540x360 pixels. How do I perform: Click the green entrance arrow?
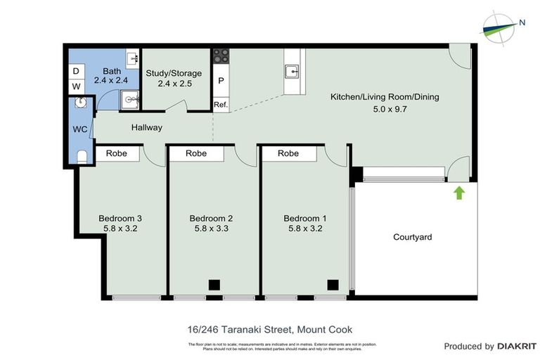[x=458, y=192]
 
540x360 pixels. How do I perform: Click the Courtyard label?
[x=412, y=237]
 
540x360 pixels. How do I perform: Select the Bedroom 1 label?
[x=304, y=218]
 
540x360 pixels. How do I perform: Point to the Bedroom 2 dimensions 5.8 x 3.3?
[x=211, y=229]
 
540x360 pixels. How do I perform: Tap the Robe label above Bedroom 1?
[x=288, y=153]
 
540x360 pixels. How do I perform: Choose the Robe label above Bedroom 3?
[x=116, y=153]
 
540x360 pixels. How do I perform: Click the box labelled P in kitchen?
[x=221, y=81]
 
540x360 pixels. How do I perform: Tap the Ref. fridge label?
[x=221, y=105]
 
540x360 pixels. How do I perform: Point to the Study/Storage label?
[x=174, y=73]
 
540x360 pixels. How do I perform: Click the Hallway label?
[x=146, y=127]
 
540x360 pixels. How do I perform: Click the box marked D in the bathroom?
[x=76, y=71]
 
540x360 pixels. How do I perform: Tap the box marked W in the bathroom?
[x=76, y=86]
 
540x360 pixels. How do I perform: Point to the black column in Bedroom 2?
[x=214, y=285]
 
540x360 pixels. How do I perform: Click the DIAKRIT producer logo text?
[x=517, y=346]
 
